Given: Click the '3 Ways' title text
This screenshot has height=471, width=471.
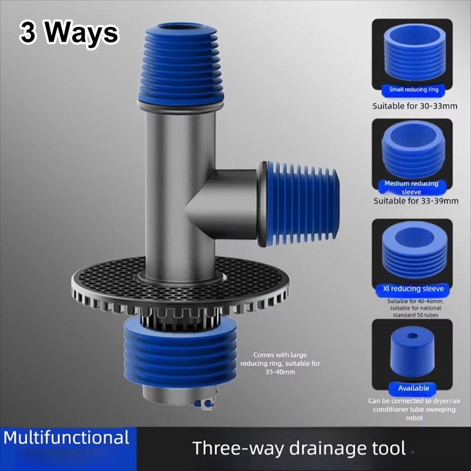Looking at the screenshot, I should click(69, 33).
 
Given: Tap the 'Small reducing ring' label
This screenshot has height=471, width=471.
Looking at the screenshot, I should click(414, 89).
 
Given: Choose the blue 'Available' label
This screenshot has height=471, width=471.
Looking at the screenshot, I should click(414, 388).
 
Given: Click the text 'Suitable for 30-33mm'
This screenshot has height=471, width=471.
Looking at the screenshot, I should click(414, 106).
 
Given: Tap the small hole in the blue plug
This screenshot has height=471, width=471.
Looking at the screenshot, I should click(413, 337).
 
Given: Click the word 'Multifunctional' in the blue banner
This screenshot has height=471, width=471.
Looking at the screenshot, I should click(66, 438).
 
